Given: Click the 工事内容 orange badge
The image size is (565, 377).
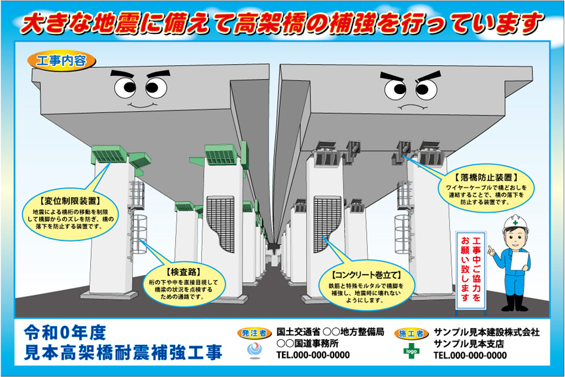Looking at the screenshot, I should (61, 61).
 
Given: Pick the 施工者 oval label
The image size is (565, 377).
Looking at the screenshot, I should (412, 333).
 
